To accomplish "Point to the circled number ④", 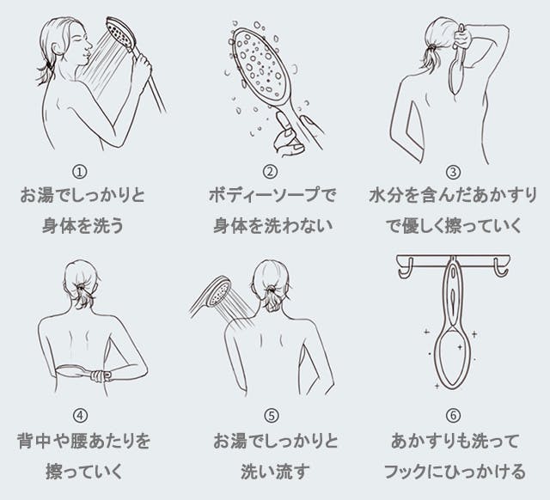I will tap(82, 416).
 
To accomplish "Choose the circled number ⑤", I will tap(272, 416).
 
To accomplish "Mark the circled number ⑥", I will tap(454, 416).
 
